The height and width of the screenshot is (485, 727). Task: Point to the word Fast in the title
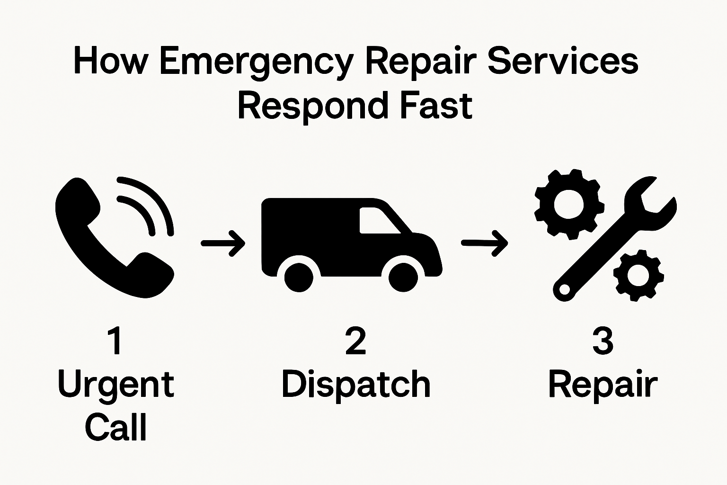436,106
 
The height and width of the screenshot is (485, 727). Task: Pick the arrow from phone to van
223,243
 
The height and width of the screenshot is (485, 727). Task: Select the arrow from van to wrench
484,243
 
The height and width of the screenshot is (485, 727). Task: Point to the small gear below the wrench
638,275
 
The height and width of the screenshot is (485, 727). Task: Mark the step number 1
115,341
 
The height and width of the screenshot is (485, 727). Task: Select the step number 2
355,341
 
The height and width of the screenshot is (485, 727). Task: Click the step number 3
603,341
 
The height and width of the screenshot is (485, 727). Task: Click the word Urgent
116,385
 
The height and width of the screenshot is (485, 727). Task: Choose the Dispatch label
356,384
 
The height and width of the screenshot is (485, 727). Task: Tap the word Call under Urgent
116,427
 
